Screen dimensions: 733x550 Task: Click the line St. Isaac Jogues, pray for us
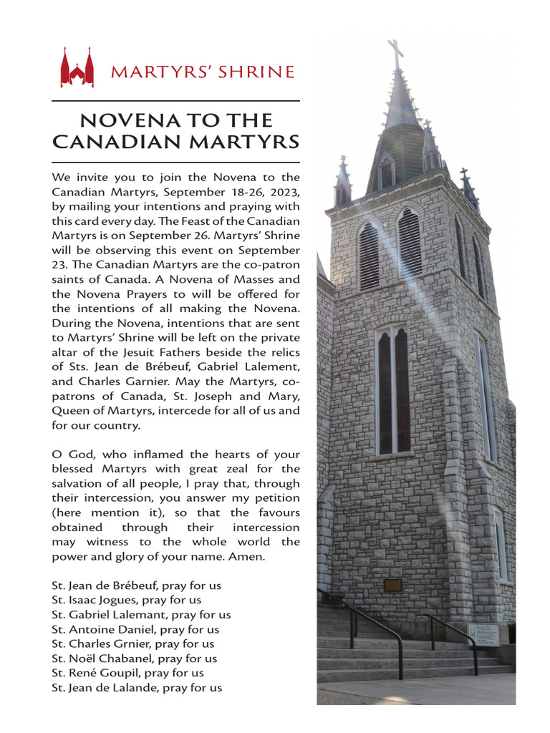tap(126, 600)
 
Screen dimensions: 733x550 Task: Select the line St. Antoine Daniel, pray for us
tap(135, 629)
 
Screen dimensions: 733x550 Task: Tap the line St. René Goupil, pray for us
tap(127, 673)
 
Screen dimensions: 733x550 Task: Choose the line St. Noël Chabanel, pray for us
tap(135, 659)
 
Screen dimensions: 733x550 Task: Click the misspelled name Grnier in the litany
tap(134, 644)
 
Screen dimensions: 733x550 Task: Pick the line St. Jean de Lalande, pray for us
tap(136, 688)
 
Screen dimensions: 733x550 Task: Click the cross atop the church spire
tap(395, 53)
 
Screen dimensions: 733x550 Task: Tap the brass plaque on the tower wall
tap(392, 585)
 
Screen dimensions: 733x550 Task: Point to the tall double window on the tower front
tap(393, 390)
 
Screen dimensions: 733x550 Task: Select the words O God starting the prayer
tap(69, 455)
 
